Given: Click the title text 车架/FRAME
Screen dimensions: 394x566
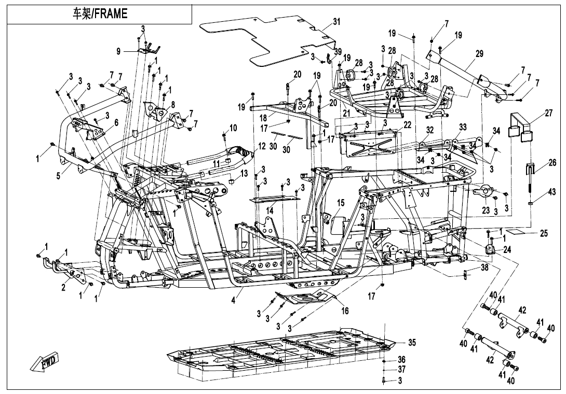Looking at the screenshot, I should click(100, 14).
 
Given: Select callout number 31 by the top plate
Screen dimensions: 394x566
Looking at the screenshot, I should click(336, 22).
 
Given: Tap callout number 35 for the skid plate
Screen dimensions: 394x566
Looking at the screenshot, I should click(412, 342).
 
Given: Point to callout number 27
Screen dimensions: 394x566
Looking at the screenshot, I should click(549, 114).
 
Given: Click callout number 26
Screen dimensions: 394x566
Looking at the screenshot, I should click(552, 163).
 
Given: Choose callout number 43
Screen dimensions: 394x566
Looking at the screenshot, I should click(552, 193).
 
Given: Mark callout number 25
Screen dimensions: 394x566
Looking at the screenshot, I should click(544, 233).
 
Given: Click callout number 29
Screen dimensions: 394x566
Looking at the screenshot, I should click(479, 53).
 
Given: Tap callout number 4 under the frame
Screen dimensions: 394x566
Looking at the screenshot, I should click(233, 300).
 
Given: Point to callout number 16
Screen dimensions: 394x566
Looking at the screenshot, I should click(345, 311).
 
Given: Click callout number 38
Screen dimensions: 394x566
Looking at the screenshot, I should click(484, 268).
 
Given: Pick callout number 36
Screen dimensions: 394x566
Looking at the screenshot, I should click(401, 359).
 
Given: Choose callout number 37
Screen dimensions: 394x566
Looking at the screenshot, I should click(401, 370).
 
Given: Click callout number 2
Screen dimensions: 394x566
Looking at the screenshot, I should click(63, 288).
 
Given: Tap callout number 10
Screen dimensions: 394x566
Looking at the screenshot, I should click(233, 128).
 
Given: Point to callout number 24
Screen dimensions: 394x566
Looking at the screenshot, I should click(507, 249).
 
